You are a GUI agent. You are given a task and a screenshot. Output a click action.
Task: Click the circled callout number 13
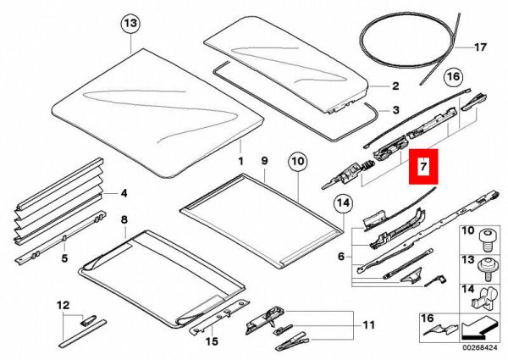click(x=130, y=24)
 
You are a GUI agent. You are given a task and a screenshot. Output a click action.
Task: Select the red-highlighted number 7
click(x=423, y=166)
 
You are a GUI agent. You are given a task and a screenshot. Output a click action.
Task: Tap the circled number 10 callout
click(x=298, y=161)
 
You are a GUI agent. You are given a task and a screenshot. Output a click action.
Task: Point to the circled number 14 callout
click(x=344, y=203)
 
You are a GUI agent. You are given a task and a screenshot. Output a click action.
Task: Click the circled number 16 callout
click(x=453, y=76)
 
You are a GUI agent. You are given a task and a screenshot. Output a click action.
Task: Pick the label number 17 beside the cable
click(x=480, y=47)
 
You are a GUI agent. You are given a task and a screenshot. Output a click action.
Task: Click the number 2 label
click(x=395, y=86)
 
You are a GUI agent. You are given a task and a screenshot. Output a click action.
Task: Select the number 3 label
click(x=396, y=110)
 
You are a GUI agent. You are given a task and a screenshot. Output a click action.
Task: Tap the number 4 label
click(x=124, y=193)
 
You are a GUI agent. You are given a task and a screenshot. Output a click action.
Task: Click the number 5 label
click(x=65, y=258)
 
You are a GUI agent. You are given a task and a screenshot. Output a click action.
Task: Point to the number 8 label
click(x=124, y=219)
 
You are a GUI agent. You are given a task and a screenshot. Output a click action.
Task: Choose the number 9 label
click(x=265, y=160)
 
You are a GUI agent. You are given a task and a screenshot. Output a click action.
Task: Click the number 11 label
click(x=368, y=324)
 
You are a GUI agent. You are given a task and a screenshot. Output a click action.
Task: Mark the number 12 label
click(x=63, y=305)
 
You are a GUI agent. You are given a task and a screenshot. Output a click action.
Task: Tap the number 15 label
click(x=212, y=341)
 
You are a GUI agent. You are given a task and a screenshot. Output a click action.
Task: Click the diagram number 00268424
click(x=479, y=347)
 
